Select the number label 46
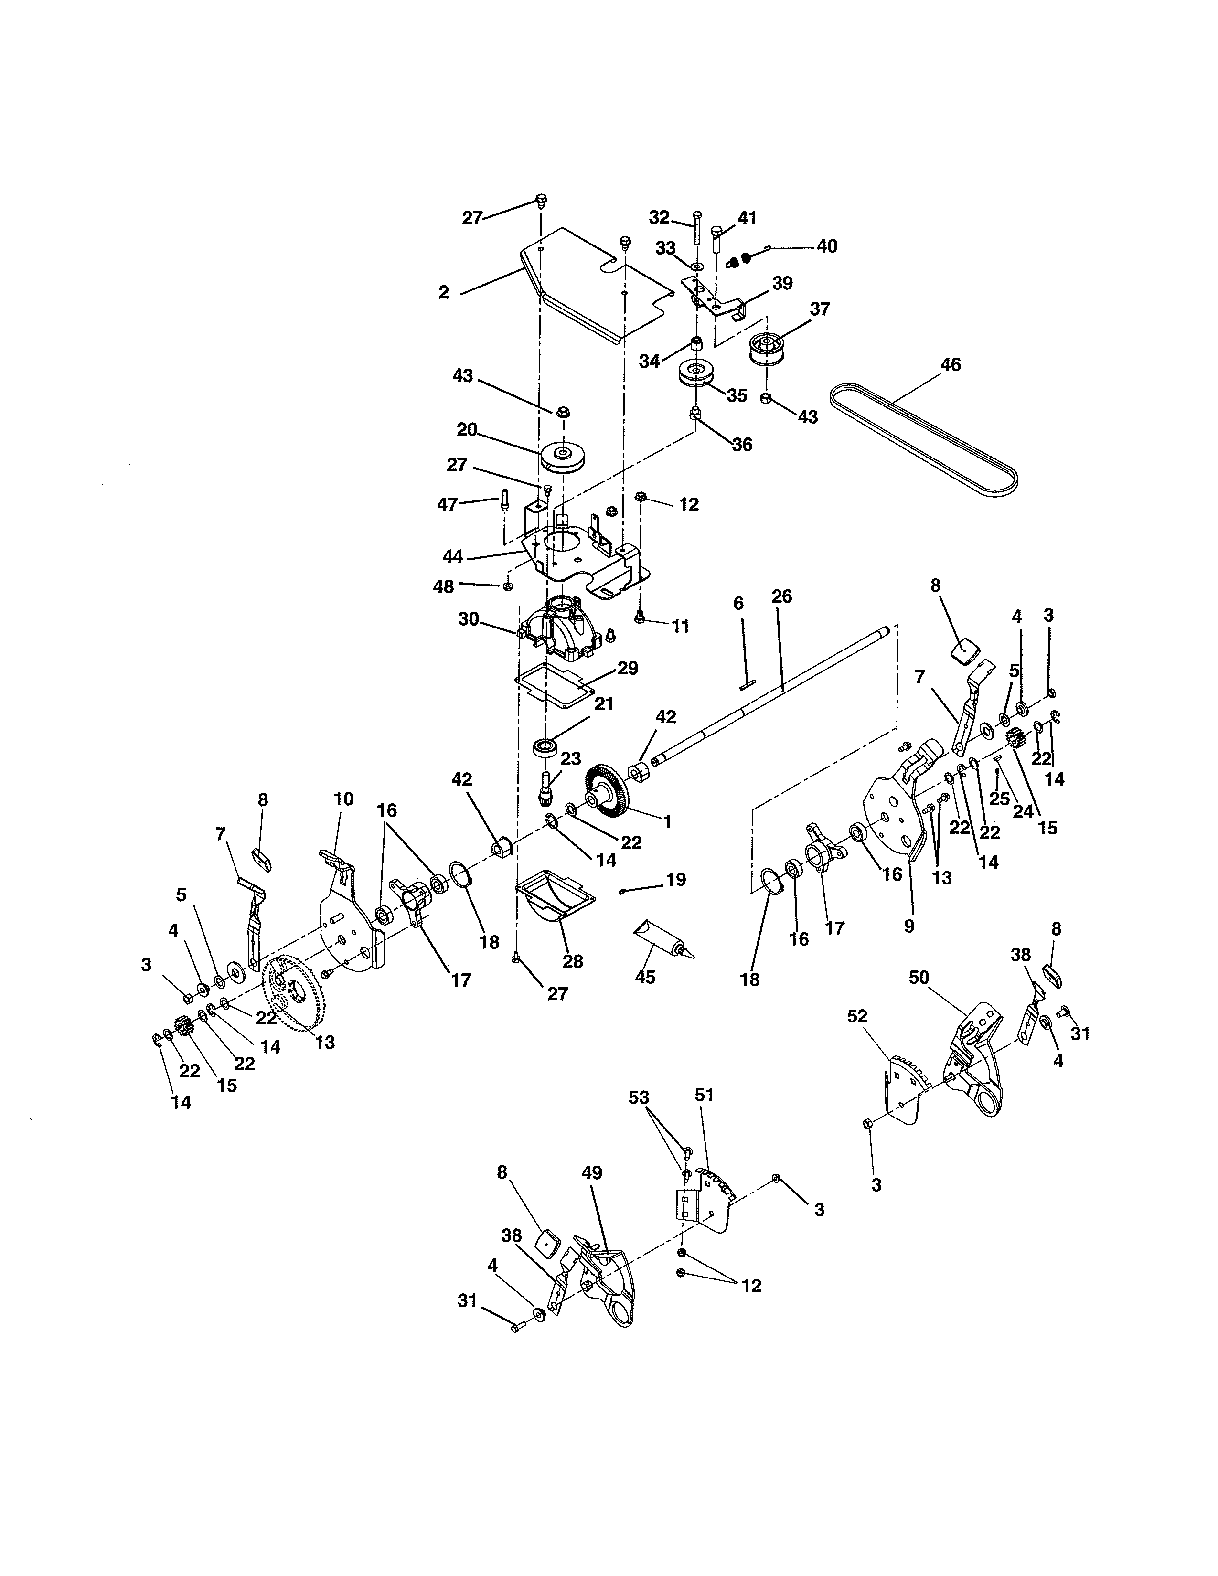951,365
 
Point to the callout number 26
781,597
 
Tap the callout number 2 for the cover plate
443,292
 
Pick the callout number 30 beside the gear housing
469,619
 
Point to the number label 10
343,799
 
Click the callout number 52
857,1016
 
